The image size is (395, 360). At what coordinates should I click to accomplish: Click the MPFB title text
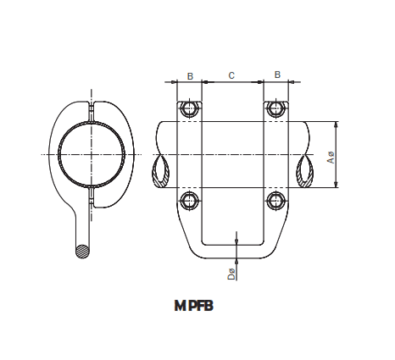point(193,307)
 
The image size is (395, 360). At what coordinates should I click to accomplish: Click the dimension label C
point(231,76)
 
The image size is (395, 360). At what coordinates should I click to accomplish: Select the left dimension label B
point(190,76)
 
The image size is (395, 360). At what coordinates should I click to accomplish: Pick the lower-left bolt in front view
point(189,200)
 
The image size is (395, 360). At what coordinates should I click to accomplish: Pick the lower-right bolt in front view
point(274,200)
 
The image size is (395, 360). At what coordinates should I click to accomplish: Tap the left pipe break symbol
point(161,174)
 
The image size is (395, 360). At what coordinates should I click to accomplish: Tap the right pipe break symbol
point(305,174)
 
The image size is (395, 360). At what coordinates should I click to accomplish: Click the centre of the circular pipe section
point(92,155)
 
